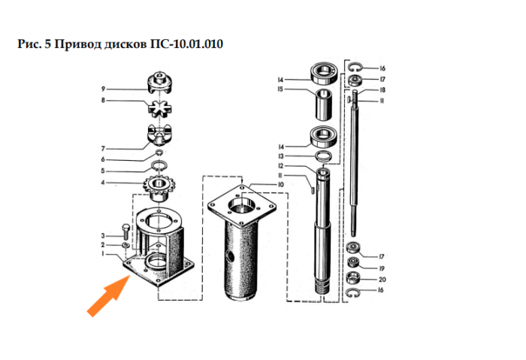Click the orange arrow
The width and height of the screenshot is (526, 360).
pos(108,295)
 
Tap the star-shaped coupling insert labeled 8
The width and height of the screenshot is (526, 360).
pos(160,109)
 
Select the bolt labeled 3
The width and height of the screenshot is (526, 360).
pos(127,231)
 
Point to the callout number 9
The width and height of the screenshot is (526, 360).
pos(104,89)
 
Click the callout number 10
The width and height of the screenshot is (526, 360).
pos(280,185)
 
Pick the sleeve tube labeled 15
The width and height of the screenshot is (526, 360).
pos(324,104)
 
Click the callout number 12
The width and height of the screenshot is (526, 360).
pos(280,166)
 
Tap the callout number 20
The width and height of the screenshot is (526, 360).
pos(382,279)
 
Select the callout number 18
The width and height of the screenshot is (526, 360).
pos(382,90)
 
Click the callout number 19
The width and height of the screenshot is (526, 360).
pos(382,268)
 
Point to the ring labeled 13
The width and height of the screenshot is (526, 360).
pos(324,156)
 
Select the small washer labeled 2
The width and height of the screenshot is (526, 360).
pos(125,245)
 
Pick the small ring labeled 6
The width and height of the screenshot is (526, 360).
pos(159,153)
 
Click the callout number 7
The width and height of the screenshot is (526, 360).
pos(104,149)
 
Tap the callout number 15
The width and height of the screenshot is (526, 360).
pos(280,89)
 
